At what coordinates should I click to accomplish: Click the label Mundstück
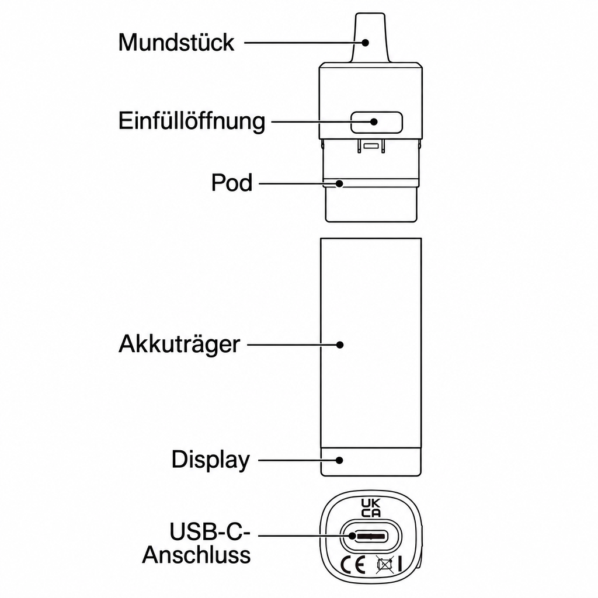tap(176, 42)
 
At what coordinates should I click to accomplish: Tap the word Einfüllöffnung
tap(192, 121)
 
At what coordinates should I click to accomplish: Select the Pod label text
tap(232, 183)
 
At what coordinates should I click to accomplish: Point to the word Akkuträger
tap(179, 345)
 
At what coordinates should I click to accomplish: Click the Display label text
tap(210, 460)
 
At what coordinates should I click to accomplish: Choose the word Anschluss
tap(196, 555)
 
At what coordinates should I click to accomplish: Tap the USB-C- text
tap(210, 531)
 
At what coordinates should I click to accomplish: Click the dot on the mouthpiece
tap(366, 42)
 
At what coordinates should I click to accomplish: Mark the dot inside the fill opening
tap(374, 121)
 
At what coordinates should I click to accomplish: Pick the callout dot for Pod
tap(339, 183)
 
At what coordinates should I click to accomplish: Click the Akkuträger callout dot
tap(340, 345)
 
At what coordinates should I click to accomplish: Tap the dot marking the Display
tap(339, 460)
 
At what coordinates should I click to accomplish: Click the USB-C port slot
tap(370, 536)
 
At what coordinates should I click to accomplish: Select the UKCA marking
tap(371, 508)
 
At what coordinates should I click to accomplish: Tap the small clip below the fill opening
tap(371, 146)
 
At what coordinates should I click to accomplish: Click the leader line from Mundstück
tap(303, 42)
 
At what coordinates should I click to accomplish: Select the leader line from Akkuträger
tap(292, 345)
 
